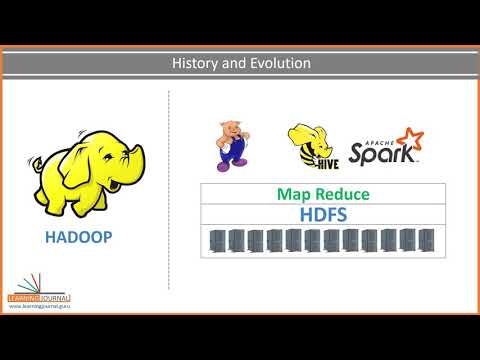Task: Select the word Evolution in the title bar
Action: pyautogui.click(x=277, y=64)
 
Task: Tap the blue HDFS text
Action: pyautogui.click(x=313, y=214)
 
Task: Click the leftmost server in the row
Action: pyautogui.click(x=216, y=240)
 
